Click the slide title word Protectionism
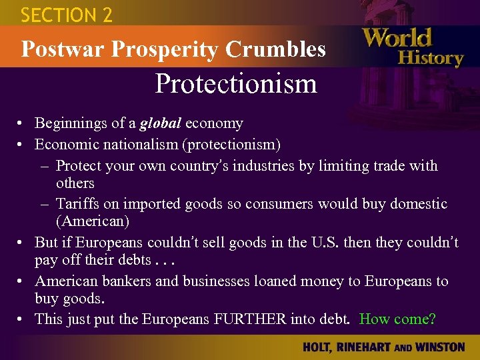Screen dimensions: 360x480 [235, 85]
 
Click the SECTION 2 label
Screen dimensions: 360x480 [67, 15]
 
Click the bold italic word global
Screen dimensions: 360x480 [161, 123]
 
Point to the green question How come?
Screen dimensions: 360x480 [397, 319]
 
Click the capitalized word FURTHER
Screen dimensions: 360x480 [248, 319]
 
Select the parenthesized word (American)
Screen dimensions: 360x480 [93, 221]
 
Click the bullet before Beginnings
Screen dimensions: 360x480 [22, 124]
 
